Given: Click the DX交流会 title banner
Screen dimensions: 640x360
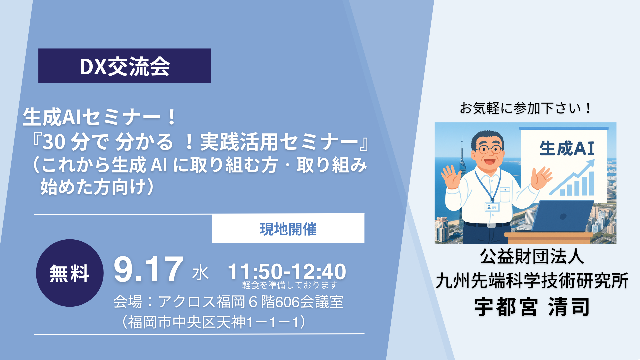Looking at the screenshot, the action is coord(125,66).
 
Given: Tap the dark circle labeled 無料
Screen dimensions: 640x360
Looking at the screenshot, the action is coord(70,273).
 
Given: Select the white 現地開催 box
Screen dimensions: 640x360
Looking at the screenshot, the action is coord(288,228).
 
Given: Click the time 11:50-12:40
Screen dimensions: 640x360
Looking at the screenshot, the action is coord(287,271).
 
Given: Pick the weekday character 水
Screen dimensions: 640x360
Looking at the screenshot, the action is coord(200,273).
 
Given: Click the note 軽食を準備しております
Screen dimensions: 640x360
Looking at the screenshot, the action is coord(290,285).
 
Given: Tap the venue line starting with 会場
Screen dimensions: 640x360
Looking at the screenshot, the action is coord(228,302).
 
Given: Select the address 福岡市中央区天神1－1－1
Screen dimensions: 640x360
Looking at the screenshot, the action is coord(214,322).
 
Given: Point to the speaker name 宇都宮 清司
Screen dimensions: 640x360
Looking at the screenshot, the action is coord(532,307).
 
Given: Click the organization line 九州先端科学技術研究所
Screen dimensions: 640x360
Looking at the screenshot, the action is coord(532,281).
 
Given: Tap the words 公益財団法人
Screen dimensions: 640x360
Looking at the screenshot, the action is coord(532,256).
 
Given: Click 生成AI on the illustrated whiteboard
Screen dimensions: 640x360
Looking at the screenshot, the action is coord(567,148).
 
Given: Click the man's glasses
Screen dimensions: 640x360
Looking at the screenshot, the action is coord(489,149).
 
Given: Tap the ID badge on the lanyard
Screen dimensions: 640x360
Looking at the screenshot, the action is coord(492,207).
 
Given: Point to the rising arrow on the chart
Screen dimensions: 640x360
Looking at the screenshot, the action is coord(572,177).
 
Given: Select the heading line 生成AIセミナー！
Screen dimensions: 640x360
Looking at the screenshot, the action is coord(99,117).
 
